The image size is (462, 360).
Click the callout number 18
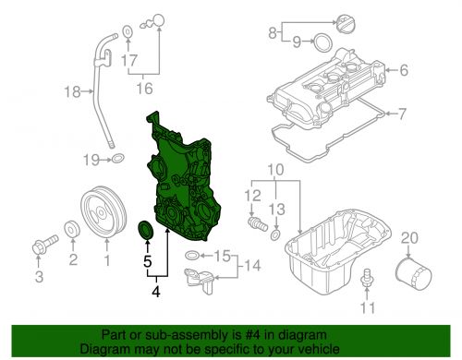[72, 91]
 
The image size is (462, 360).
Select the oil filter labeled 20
[413, 274]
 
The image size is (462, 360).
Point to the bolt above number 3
[45, 245]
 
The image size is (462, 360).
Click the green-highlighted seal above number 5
[146, 230]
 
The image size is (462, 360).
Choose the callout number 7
[402, 114]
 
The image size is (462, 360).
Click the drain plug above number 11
[367, 278]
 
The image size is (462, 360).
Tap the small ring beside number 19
[117, 159]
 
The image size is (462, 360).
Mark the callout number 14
[252, 265]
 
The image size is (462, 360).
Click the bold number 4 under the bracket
[156, 292]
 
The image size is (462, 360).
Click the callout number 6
[404, 70]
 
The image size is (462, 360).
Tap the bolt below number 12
[258, 224]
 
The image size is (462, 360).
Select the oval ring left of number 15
[192, 255]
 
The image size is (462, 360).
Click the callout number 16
[144, 89]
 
